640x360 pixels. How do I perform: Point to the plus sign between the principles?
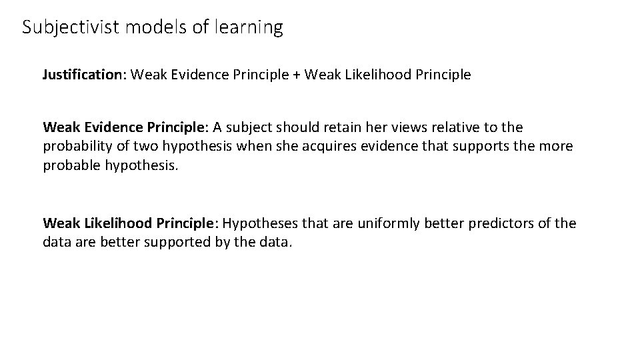(295, 75)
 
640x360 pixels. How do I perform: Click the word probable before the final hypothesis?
(71, 165)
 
